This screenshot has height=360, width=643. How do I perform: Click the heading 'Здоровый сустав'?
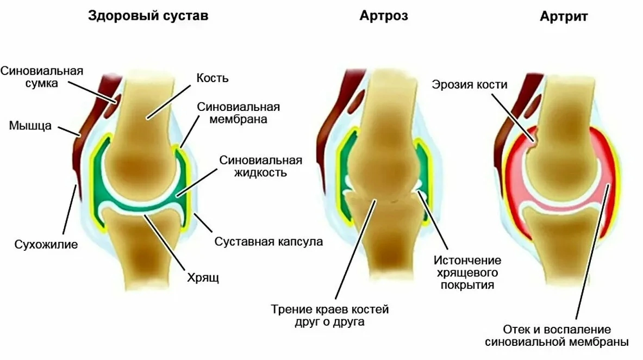pyautogui.click(x=148, y=16)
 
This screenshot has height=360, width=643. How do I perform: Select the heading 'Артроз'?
pyautogui.click(x=383, y=16)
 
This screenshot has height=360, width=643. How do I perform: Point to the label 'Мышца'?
pyautogui.click(x=30, y=126)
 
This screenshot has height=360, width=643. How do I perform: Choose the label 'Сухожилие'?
pyautogui.click(x=46, y=244)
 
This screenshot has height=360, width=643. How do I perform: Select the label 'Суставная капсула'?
pyautogui.click(x=269, y=241)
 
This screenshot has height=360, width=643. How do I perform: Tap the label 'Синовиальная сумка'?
pyautogui.click(x=42, y=77)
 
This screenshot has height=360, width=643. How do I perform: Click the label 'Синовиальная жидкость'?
pyautogui.click(x=261, y=166)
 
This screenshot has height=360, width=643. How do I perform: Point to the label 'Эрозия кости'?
pyautogui.click(x=470, y=84)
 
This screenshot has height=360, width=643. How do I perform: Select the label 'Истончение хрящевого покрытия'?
pyautogui.click(x=467, y=272)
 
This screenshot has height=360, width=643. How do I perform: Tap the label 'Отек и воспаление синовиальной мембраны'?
pyautogui.click(x=557, y=336)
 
